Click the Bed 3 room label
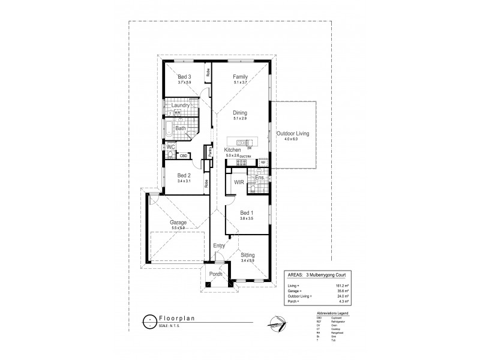[x=184, y=77]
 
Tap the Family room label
[x=240, y=77]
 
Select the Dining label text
[x=241, y=112]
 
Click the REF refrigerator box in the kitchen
[x=263, y=162]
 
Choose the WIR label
[x=238, y=181]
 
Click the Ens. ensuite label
[x=260, y=178]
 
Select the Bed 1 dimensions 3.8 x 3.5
[x=247, y=218]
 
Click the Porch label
[x=215, y=274]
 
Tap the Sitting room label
[x=248, y=254]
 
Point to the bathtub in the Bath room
[x=170, y=128]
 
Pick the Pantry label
[x=209, y=153]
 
